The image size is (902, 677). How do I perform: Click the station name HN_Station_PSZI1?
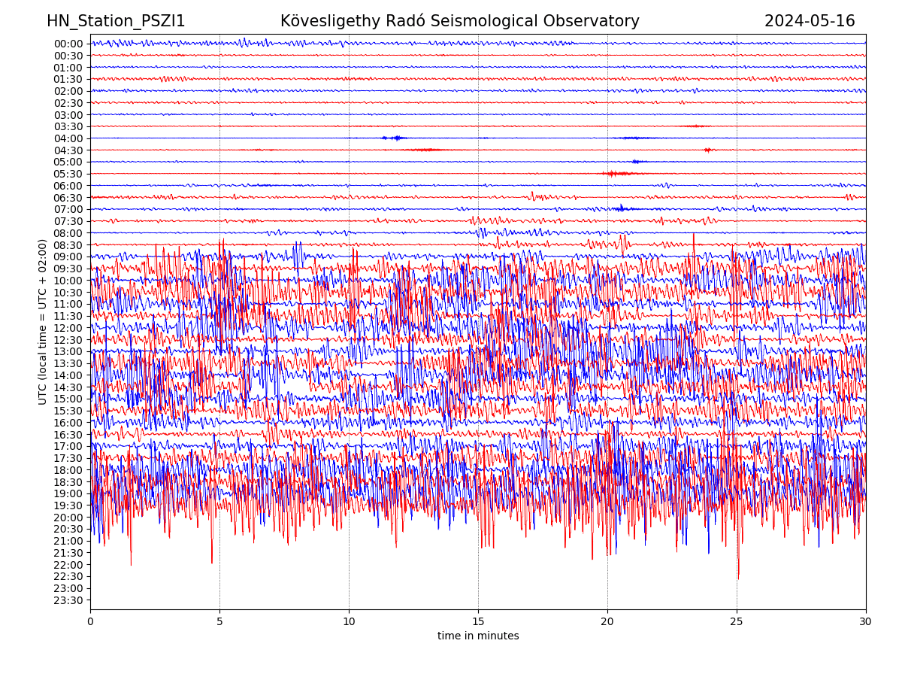(116, 22)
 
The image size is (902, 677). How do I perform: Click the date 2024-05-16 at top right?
(810, 22)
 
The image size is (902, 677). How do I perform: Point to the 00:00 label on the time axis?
(68, 44)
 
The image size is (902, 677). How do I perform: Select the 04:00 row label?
(68, 138)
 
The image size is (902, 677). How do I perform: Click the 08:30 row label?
(68, 245)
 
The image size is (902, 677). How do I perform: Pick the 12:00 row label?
(68, 328)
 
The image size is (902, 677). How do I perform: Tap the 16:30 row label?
(68, 435)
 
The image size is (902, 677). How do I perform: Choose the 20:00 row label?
(68, 518)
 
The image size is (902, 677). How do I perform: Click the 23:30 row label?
(68, 600)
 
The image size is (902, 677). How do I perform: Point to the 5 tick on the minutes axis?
(219, 622)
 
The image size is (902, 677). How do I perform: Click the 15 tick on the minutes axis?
(478, 622)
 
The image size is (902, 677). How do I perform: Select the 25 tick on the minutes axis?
(737, 622)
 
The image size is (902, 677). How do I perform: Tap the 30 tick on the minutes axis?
(866, 622)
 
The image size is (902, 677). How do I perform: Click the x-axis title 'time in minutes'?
(478, 636)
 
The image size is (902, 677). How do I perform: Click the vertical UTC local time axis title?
(43, 322)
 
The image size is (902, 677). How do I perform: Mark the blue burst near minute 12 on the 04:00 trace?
(395, 138)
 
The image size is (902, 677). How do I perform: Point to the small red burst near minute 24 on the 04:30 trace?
(707, 150)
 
